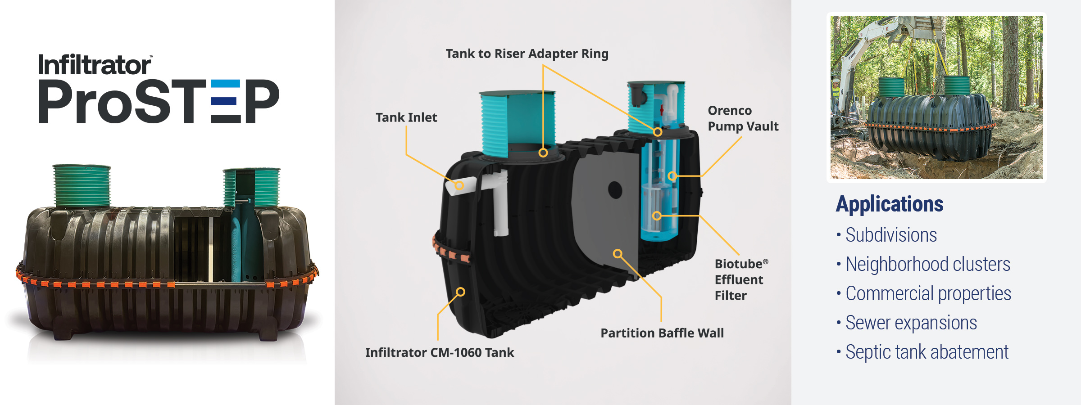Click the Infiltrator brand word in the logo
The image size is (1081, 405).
pos(95,65)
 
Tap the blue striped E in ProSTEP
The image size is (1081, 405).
pos(225,102)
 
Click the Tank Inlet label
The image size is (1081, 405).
pos(406,117)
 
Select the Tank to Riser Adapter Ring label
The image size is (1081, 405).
pos(527,54)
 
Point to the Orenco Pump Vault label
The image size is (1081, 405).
pos(743,118)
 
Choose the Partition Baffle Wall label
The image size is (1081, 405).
pos(662,333)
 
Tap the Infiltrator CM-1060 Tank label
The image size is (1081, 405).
pos(439,352)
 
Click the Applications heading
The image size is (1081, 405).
pos(890,204)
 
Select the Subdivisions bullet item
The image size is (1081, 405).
pos(890,235)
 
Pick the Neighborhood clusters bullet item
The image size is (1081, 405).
pos(927,264)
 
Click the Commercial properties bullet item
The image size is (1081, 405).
pos(928,293)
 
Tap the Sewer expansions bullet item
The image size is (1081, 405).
pos(911,323)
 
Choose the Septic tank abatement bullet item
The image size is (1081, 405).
pos(927,352)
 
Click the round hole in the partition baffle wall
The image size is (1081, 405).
pos(615,190)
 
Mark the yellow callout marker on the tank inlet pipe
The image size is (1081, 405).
pos(459,185)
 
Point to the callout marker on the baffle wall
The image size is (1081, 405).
pos(618,254)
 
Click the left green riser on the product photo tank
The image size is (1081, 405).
pos(82,185)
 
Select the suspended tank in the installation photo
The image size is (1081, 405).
pos(930,126)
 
